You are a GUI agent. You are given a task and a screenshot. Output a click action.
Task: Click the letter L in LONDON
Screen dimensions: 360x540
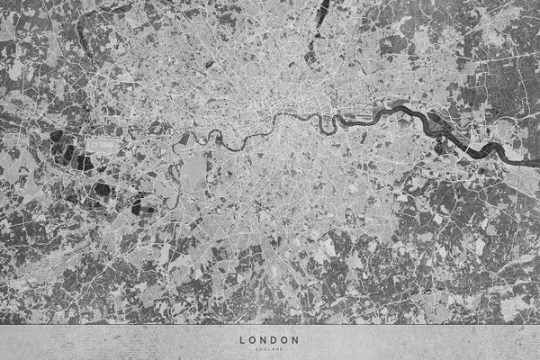coord(242,340)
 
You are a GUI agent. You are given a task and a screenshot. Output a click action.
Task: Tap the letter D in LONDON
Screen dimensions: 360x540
coord(275,340)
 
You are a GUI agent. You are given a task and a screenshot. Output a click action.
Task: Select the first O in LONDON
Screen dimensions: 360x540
coord(253,340)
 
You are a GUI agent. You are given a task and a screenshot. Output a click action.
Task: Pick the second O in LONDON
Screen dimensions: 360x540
coord(286,340)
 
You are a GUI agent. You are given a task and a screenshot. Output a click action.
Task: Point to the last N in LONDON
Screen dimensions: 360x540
coord(297,340)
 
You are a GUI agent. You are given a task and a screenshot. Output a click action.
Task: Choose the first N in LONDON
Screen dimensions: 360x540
coord(265,340)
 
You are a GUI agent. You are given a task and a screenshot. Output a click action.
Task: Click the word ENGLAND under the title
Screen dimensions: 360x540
coord(270,348)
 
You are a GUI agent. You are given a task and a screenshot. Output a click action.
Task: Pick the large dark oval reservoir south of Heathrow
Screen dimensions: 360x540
coord(102,190)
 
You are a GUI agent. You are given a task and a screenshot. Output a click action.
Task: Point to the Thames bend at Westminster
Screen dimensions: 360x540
coord(281,121)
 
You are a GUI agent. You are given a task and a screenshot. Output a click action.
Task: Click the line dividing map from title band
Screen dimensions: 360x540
coord(270,324)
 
